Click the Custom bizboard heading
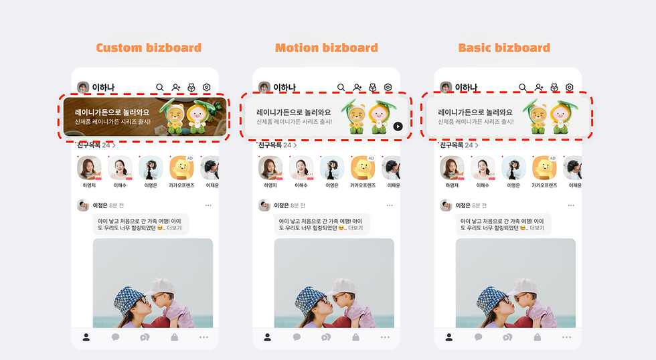(149, 48)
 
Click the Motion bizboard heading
(326, 48)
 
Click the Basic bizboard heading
(504, 48)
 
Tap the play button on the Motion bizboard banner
(398, 126)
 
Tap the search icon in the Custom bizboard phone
(159, 87)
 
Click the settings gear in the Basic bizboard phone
(570, 87)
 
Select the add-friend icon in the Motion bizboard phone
(357, 87)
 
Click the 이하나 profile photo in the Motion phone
(264, 88)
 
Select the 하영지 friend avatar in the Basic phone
(452, 168)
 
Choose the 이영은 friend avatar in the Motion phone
(332, 168)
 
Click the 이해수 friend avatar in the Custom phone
(120, 168)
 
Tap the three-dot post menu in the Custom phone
(208, 205)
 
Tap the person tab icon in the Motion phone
(267, 337)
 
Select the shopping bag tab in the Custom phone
(175, 337)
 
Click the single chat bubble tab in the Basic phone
(478, 337)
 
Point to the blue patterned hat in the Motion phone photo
(311, 300)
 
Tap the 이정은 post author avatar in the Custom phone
(83, 205)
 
